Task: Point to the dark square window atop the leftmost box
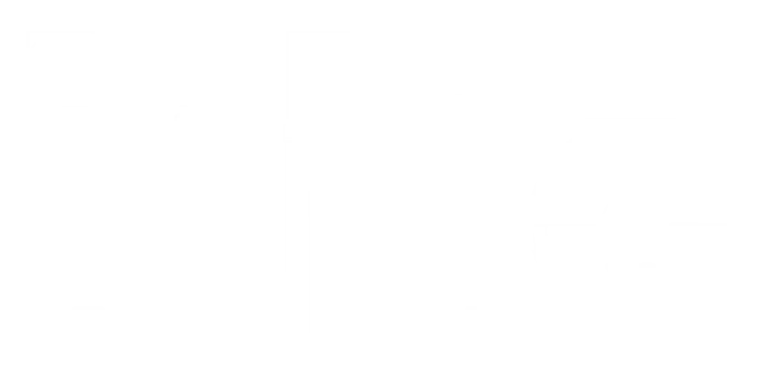coord(72,71)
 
